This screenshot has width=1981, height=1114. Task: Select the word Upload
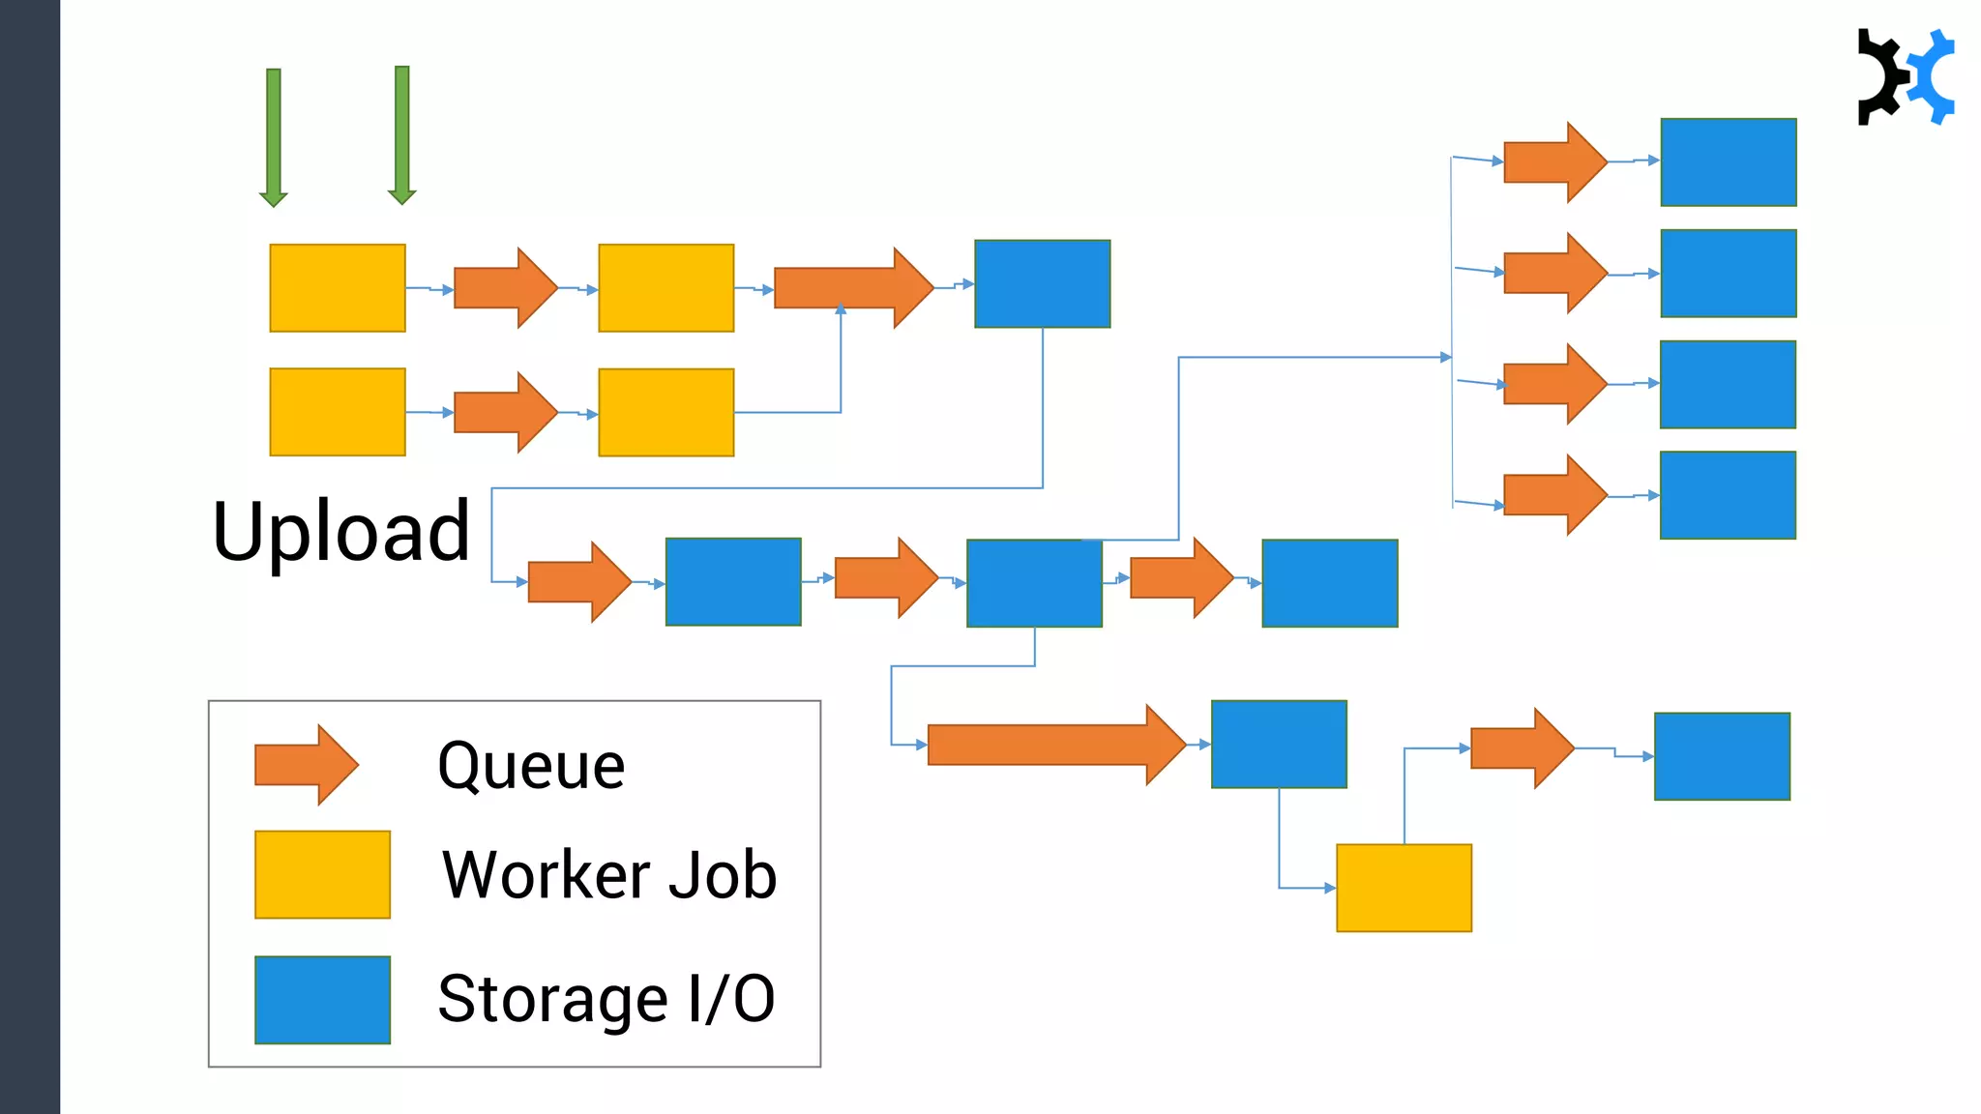340,532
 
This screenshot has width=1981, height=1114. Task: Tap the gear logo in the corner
1905,77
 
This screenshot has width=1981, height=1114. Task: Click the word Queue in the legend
531,766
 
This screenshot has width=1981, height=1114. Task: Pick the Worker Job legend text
609,875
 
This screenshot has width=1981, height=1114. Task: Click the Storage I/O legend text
606,999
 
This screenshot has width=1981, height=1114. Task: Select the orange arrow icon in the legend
307,765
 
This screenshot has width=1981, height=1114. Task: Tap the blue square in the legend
322,1000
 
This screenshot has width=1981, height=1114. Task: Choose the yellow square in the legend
322,874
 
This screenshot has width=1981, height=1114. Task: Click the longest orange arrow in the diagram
1055,745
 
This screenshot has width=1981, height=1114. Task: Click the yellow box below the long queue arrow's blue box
1404,888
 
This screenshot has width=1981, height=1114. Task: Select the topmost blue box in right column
1729,162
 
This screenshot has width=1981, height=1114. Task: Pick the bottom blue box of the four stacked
1728,495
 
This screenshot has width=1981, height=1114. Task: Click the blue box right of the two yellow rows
1042,284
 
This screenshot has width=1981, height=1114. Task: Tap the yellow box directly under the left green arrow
337,288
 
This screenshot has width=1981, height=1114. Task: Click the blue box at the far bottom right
1722,756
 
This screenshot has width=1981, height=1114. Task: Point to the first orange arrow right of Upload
578,582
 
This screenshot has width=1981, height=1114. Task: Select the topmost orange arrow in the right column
1554,162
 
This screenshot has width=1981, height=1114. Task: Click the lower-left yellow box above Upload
337,412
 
